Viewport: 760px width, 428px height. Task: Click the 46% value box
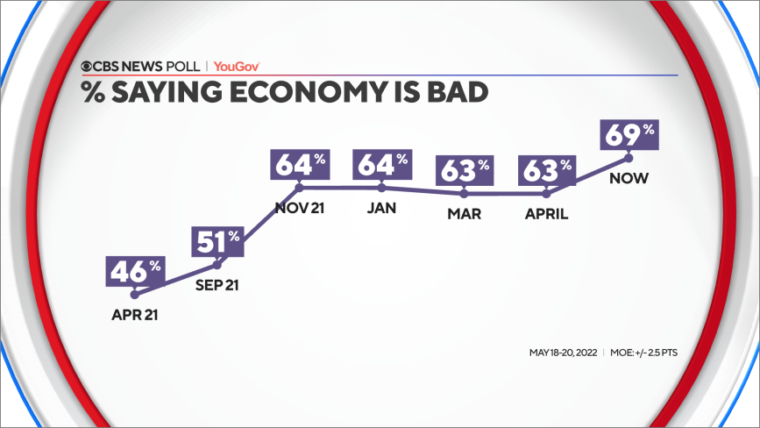pos(132,270)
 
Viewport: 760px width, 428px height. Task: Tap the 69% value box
pos(629,136)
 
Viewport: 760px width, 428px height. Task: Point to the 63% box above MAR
pos(464,171)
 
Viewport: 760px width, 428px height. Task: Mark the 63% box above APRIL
pos(548,171)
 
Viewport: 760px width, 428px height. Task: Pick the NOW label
pos(629,179)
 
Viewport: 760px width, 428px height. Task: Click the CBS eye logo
pos(89,66)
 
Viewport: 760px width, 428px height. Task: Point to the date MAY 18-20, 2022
pos(563,353)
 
